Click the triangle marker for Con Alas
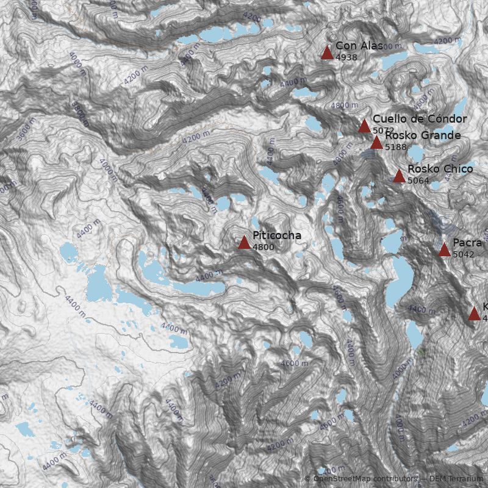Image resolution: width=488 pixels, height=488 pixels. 328,53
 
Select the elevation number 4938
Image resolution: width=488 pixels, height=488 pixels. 346,57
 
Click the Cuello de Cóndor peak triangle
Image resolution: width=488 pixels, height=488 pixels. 364,126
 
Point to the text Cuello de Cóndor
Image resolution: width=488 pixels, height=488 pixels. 420,119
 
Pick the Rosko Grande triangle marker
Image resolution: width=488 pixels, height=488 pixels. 376,143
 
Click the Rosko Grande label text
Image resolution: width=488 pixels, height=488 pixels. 423,135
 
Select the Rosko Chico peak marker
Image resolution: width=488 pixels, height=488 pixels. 399,176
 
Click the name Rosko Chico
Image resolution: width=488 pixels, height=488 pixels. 440,169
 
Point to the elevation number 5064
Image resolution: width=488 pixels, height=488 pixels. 418,181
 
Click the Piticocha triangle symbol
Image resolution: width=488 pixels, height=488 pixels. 244,243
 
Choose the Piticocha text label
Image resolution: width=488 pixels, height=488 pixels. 276,235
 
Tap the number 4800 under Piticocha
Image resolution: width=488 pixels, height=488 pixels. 263,247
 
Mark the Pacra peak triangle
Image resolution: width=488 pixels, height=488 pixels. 444,249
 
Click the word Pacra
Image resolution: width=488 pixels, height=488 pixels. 467,243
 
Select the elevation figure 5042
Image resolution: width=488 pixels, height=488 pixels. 463,254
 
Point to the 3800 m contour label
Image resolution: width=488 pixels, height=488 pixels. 79,113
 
